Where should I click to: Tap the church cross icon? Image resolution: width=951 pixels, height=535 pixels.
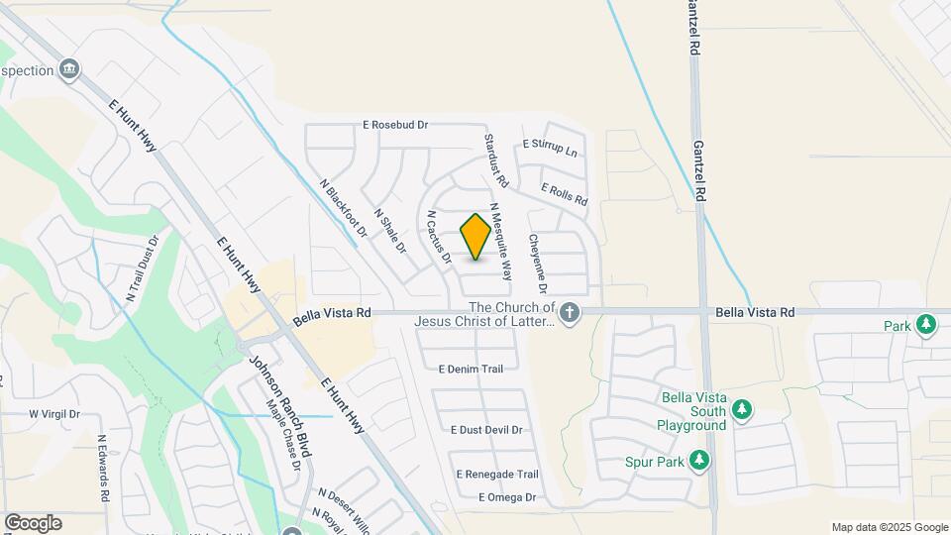[x=569, y=314]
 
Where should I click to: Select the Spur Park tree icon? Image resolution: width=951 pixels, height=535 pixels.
[x=699, y=461]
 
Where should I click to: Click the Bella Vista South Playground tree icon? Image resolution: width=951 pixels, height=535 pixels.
[x=742, y=409]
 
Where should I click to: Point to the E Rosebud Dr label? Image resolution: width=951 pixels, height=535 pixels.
[x=395, y=126]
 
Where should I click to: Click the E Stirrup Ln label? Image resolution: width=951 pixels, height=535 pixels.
[x=549, y=147]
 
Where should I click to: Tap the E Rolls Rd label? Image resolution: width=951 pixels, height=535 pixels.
[x=564, y=194]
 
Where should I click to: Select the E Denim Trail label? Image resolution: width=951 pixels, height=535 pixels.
[x=471, y=369]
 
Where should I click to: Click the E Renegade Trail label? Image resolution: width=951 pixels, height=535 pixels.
[x=496, y=475]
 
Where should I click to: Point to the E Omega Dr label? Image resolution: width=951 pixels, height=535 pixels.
[x=506, y=497]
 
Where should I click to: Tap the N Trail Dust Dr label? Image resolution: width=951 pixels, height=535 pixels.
[x=142, y=268]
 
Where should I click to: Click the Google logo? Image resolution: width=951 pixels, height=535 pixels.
[x=33, y=523]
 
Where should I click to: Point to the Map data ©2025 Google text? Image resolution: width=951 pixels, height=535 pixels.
[x=890, y=527]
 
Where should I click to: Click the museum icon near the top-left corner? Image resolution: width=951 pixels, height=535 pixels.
[x=69, y=68]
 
